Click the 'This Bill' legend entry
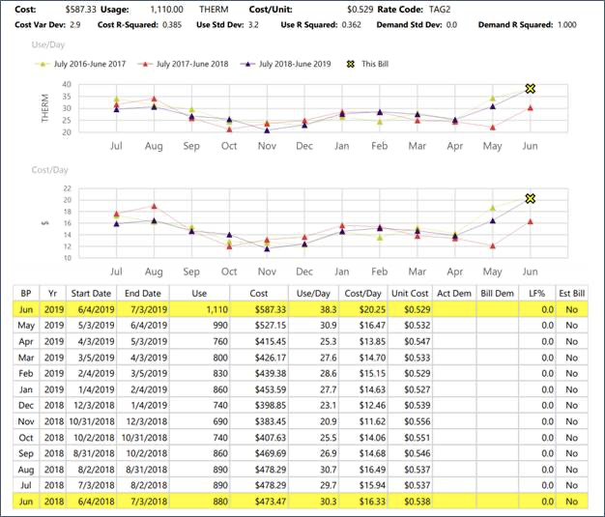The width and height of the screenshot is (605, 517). (375, 64)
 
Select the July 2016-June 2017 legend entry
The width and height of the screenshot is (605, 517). (89, 64)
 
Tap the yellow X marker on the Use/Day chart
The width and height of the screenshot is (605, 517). (530, 89)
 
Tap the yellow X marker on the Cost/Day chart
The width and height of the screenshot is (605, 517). (530, 198)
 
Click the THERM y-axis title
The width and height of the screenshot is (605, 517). (19, 108)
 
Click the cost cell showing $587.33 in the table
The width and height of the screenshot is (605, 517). (258, 309)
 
